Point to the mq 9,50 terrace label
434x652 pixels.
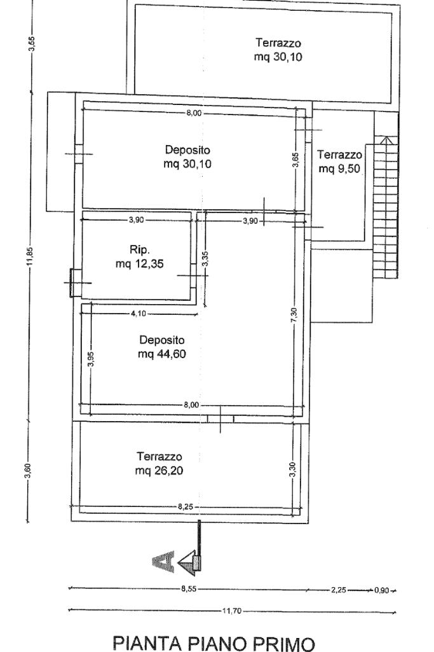pyautogui.click(x=340, y=168)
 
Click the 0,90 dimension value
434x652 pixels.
pyautogui.click(x=381, y=590)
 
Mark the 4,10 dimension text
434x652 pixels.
pyautogui.click(x=139, y=313)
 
